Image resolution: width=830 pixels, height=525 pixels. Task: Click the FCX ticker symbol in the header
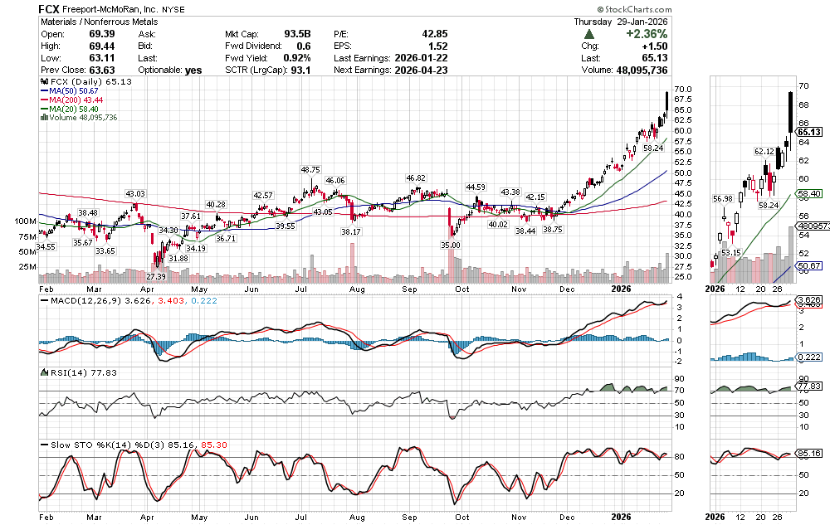(51, 8)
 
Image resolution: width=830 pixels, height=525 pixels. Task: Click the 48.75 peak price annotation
(311, 168)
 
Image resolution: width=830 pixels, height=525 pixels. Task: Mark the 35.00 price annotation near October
(451, 245)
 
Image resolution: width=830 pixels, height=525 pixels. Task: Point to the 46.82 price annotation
(416, 178)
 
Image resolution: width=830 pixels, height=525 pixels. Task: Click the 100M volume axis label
(25, 221)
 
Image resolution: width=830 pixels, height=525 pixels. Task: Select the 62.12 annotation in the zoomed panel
(764, 152)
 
